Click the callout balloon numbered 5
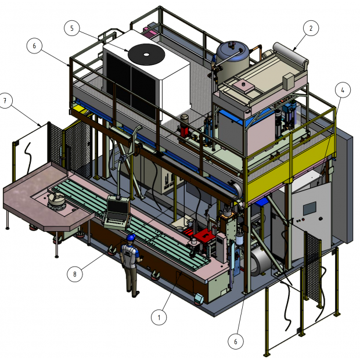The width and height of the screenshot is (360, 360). coord(72,28)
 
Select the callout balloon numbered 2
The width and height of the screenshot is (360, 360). coord(311,28)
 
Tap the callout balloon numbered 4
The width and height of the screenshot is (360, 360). coord(343,90)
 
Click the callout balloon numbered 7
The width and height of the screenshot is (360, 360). coord(5,100)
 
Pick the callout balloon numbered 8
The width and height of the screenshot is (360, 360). coord(75,274)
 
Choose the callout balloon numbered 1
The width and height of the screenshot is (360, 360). coord(159,317)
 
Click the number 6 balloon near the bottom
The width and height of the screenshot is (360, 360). coord(236,341)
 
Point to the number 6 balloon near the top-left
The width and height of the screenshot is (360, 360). coord(34,46)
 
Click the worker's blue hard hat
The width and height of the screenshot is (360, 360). coord(131,237)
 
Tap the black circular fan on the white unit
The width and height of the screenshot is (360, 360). coord(146,55)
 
